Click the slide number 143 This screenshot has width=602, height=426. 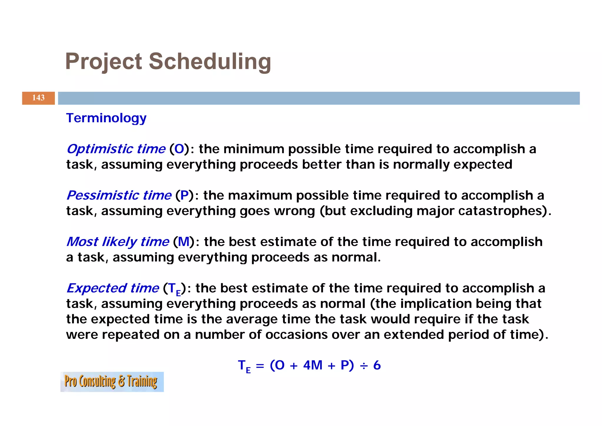[x=38, y=98]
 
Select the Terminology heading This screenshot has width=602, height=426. [x=106, y=118]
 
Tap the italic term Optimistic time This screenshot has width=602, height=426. [x=116, y=149]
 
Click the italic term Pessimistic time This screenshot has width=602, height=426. [x=119, y=195]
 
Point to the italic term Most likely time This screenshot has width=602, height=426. [x=118, y=242]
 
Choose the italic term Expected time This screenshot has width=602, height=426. [x=113, y=288]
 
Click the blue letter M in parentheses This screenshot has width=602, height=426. [x=184, y=242]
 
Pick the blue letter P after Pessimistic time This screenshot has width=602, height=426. [x=185, y=195]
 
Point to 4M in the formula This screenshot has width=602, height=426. [x=313, y=365]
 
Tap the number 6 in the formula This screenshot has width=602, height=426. [x=377, y=365]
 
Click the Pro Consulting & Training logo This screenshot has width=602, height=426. [x=112, y=382]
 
